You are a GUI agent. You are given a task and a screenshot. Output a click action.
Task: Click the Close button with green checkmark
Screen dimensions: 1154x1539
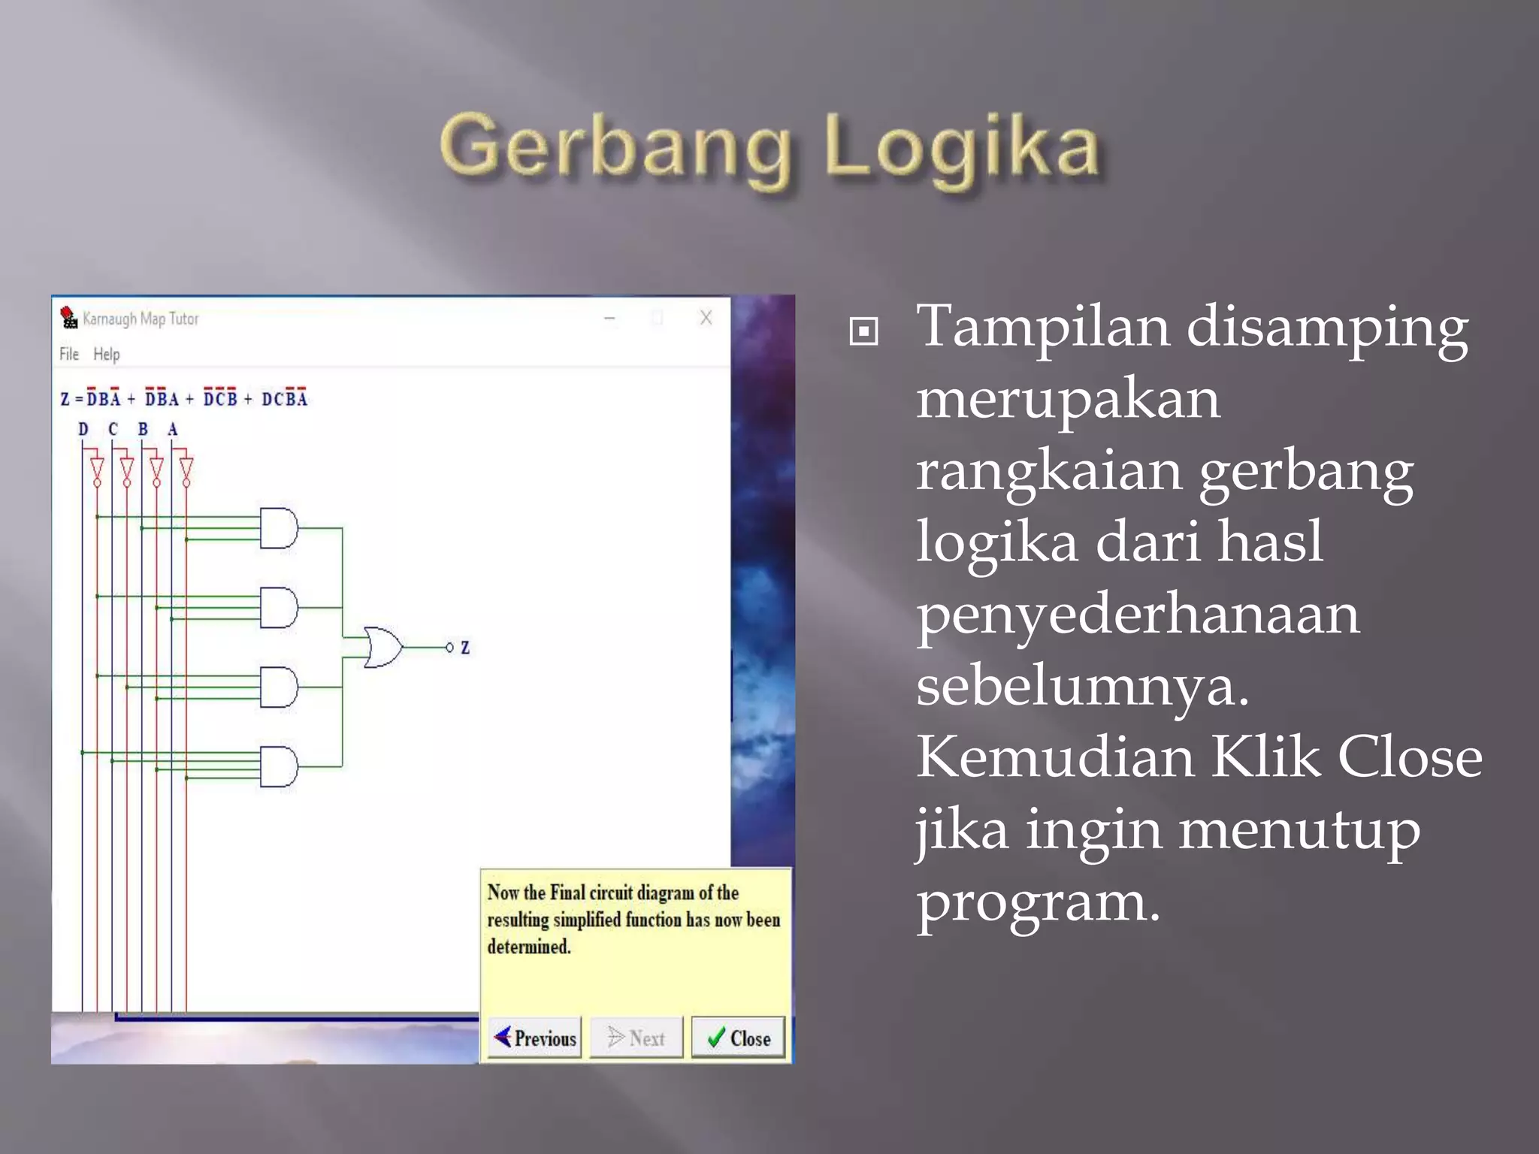tap(738, 1038)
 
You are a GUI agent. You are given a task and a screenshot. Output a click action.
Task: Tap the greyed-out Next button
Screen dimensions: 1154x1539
tap(636, 1038)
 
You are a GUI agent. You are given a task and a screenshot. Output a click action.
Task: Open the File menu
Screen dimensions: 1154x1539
tap(68, 354)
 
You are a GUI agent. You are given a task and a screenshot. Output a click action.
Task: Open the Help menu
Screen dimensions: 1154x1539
tap(106, 354)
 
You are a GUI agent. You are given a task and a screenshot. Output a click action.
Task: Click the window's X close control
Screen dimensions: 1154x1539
tap(706, 318)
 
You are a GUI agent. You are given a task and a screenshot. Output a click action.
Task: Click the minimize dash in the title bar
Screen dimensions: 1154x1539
tap(609, 319)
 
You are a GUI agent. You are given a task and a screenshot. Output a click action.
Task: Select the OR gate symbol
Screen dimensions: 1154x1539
tap(382, 647)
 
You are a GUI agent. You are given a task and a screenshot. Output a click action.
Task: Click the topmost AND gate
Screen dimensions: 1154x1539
tap(279, 528)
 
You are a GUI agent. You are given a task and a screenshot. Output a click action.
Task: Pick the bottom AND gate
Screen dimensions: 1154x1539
tap(279, 766)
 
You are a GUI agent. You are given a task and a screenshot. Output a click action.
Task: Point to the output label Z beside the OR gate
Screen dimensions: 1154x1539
tap(465, 647)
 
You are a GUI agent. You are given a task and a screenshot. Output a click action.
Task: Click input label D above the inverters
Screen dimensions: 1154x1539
tap(83, 429)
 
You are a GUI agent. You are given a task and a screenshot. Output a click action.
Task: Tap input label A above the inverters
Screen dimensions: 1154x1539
tap(172, 429)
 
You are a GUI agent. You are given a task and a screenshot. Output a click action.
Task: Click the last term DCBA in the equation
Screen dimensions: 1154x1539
tap(284, 398)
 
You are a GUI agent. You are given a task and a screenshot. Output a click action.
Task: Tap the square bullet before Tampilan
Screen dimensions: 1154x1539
tap(863, 331)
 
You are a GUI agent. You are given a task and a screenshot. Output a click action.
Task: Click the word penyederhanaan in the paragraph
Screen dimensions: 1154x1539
tap(1137, 613)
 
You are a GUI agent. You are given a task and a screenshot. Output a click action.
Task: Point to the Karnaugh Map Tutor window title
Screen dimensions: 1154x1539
tap(141, 319)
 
